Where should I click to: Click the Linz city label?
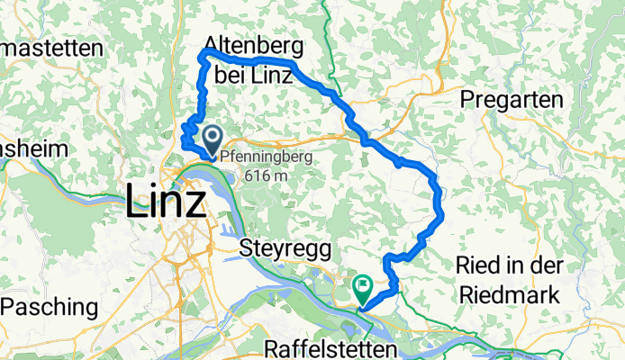coord(165,200)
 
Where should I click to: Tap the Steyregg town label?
coord(285,248)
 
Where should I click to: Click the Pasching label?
coord(50,307)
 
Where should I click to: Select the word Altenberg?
coord(253,46)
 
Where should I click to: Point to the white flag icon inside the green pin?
coord(363,287)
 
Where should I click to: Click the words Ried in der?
coord(510,266)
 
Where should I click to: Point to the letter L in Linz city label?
coord(136,200)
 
